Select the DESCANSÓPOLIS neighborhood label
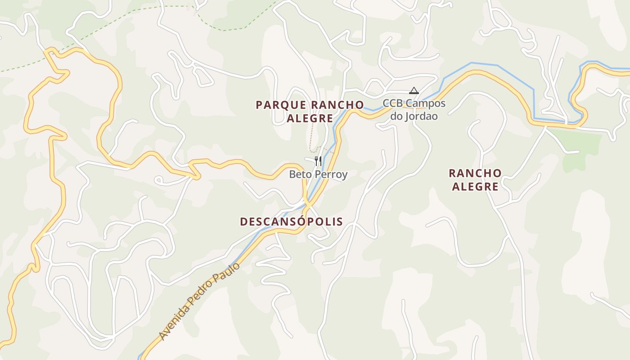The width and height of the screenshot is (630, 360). [x=291, y=221]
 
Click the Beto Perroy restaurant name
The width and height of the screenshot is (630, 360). [x=318, y=174]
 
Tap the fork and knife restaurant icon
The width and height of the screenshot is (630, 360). [x=318, y=161]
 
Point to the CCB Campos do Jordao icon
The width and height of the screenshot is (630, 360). [x=414, y=91]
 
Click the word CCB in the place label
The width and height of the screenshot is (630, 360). [x=392, y=103]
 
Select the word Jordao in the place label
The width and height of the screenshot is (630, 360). [x=421, y=116]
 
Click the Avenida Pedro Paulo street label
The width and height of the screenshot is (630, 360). [x=199, y=301]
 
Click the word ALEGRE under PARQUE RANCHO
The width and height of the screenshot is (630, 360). [x=310, y=119]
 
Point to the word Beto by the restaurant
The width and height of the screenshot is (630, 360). [x=299, y=174]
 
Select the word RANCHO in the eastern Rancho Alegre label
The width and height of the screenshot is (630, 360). [x=475, y=173]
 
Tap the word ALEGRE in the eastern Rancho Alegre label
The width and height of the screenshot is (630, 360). [x=475, y=187]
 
